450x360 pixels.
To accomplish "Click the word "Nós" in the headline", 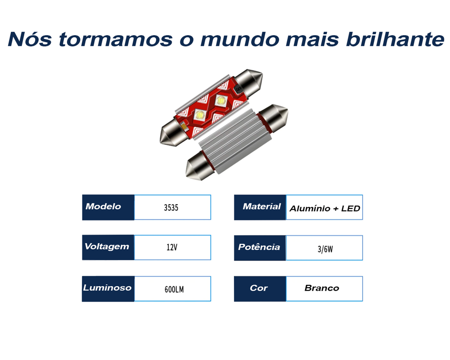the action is pyautogui.click(x=30, y=39).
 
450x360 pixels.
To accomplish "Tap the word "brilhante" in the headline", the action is pyautogui.click(x=395, y=39).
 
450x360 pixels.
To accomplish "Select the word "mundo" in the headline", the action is pyautogui.click(x=239, y=39).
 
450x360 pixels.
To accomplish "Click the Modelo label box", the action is pyautogui.click(x=108, y=207).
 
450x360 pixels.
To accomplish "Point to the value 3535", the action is pyautogui.click(x=171, y=207).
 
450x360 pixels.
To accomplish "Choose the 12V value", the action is pyautogui.click(x=172, y=247).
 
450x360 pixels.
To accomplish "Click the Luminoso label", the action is pyautogui.click(x=108, y=289).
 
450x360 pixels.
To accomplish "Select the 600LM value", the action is pyautogui.click(x=174, y=289).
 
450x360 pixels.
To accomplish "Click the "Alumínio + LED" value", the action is pyautogui.click(x=324, y=208).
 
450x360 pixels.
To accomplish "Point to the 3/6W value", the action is pyautogui.click(x=325, y=249).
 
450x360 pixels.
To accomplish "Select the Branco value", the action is pyautogui.click(x=322, y=288).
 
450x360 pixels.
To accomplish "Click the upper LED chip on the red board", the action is pyautogui.click(x=220, y=100).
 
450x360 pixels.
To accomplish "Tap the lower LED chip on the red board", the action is pyautogui.click(x=199, y=115).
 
